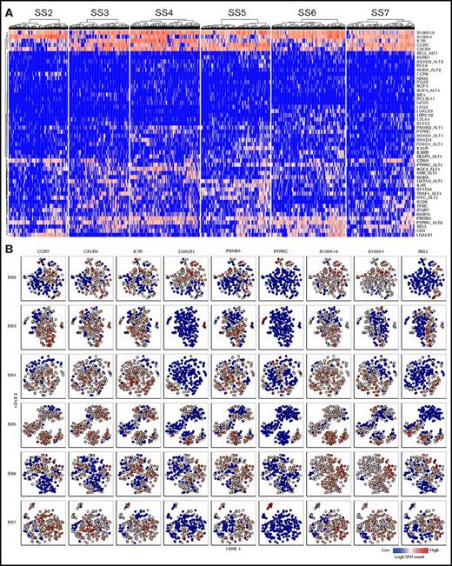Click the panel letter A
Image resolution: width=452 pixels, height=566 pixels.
pyautogui.click(x=8, y=8)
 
